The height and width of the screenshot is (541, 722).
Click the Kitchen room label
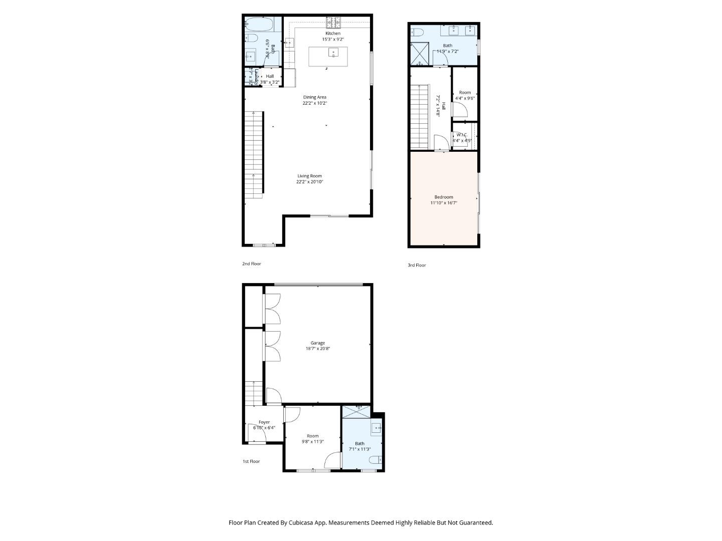pyautogui.click(x=333, y=34)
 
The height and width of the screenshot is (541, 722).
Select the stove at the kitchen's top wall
pyautogui.click(x=333, y=22)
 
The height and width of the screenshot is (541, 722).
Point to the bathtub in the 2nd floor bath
pyautogui.click(x=259, y=24)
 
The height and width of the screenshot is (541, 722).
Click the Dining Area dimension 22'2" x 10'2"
pyautogui.click(x=314, y=103)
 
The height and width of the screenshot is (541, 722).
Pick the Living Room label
pyautogui.click(x=309, y=176)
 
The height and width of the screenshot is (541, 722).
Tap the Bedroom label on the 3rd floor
pyautogui.click(x=444, y=197)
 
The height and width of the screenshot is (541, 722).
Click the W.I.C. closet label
pyautogui.click(x=462, y=135)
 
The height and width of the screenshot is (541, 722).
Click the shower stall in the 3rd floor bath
pyautogui.click(x=420, y=54)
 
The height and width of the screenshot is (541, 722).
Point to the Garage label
pyautogui.click(x=317, y=343)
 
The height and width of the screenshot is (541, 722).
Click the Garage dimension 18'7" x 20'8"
pyautogui.click(x=317, y=349)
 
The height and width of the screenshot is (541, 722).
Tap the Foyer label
pyautogui.click(x=264, y=422)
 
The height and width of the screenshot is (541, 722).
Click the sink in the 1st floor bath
pyautogui.click(x=377, y=428)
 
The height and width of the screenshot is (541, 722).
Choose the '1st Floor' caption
pyautogui.click(x=251, y=461)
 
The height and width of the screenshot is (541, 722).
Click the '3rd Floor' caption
pyautogui.click(x=417, y=265)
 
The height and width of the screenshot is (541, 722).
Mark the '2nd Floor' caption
pyautogui.click(x=252, y=263)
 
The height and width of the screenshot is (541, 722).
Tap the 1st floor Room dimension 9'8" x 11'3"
pyautogui.click(x=313, y=442)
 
